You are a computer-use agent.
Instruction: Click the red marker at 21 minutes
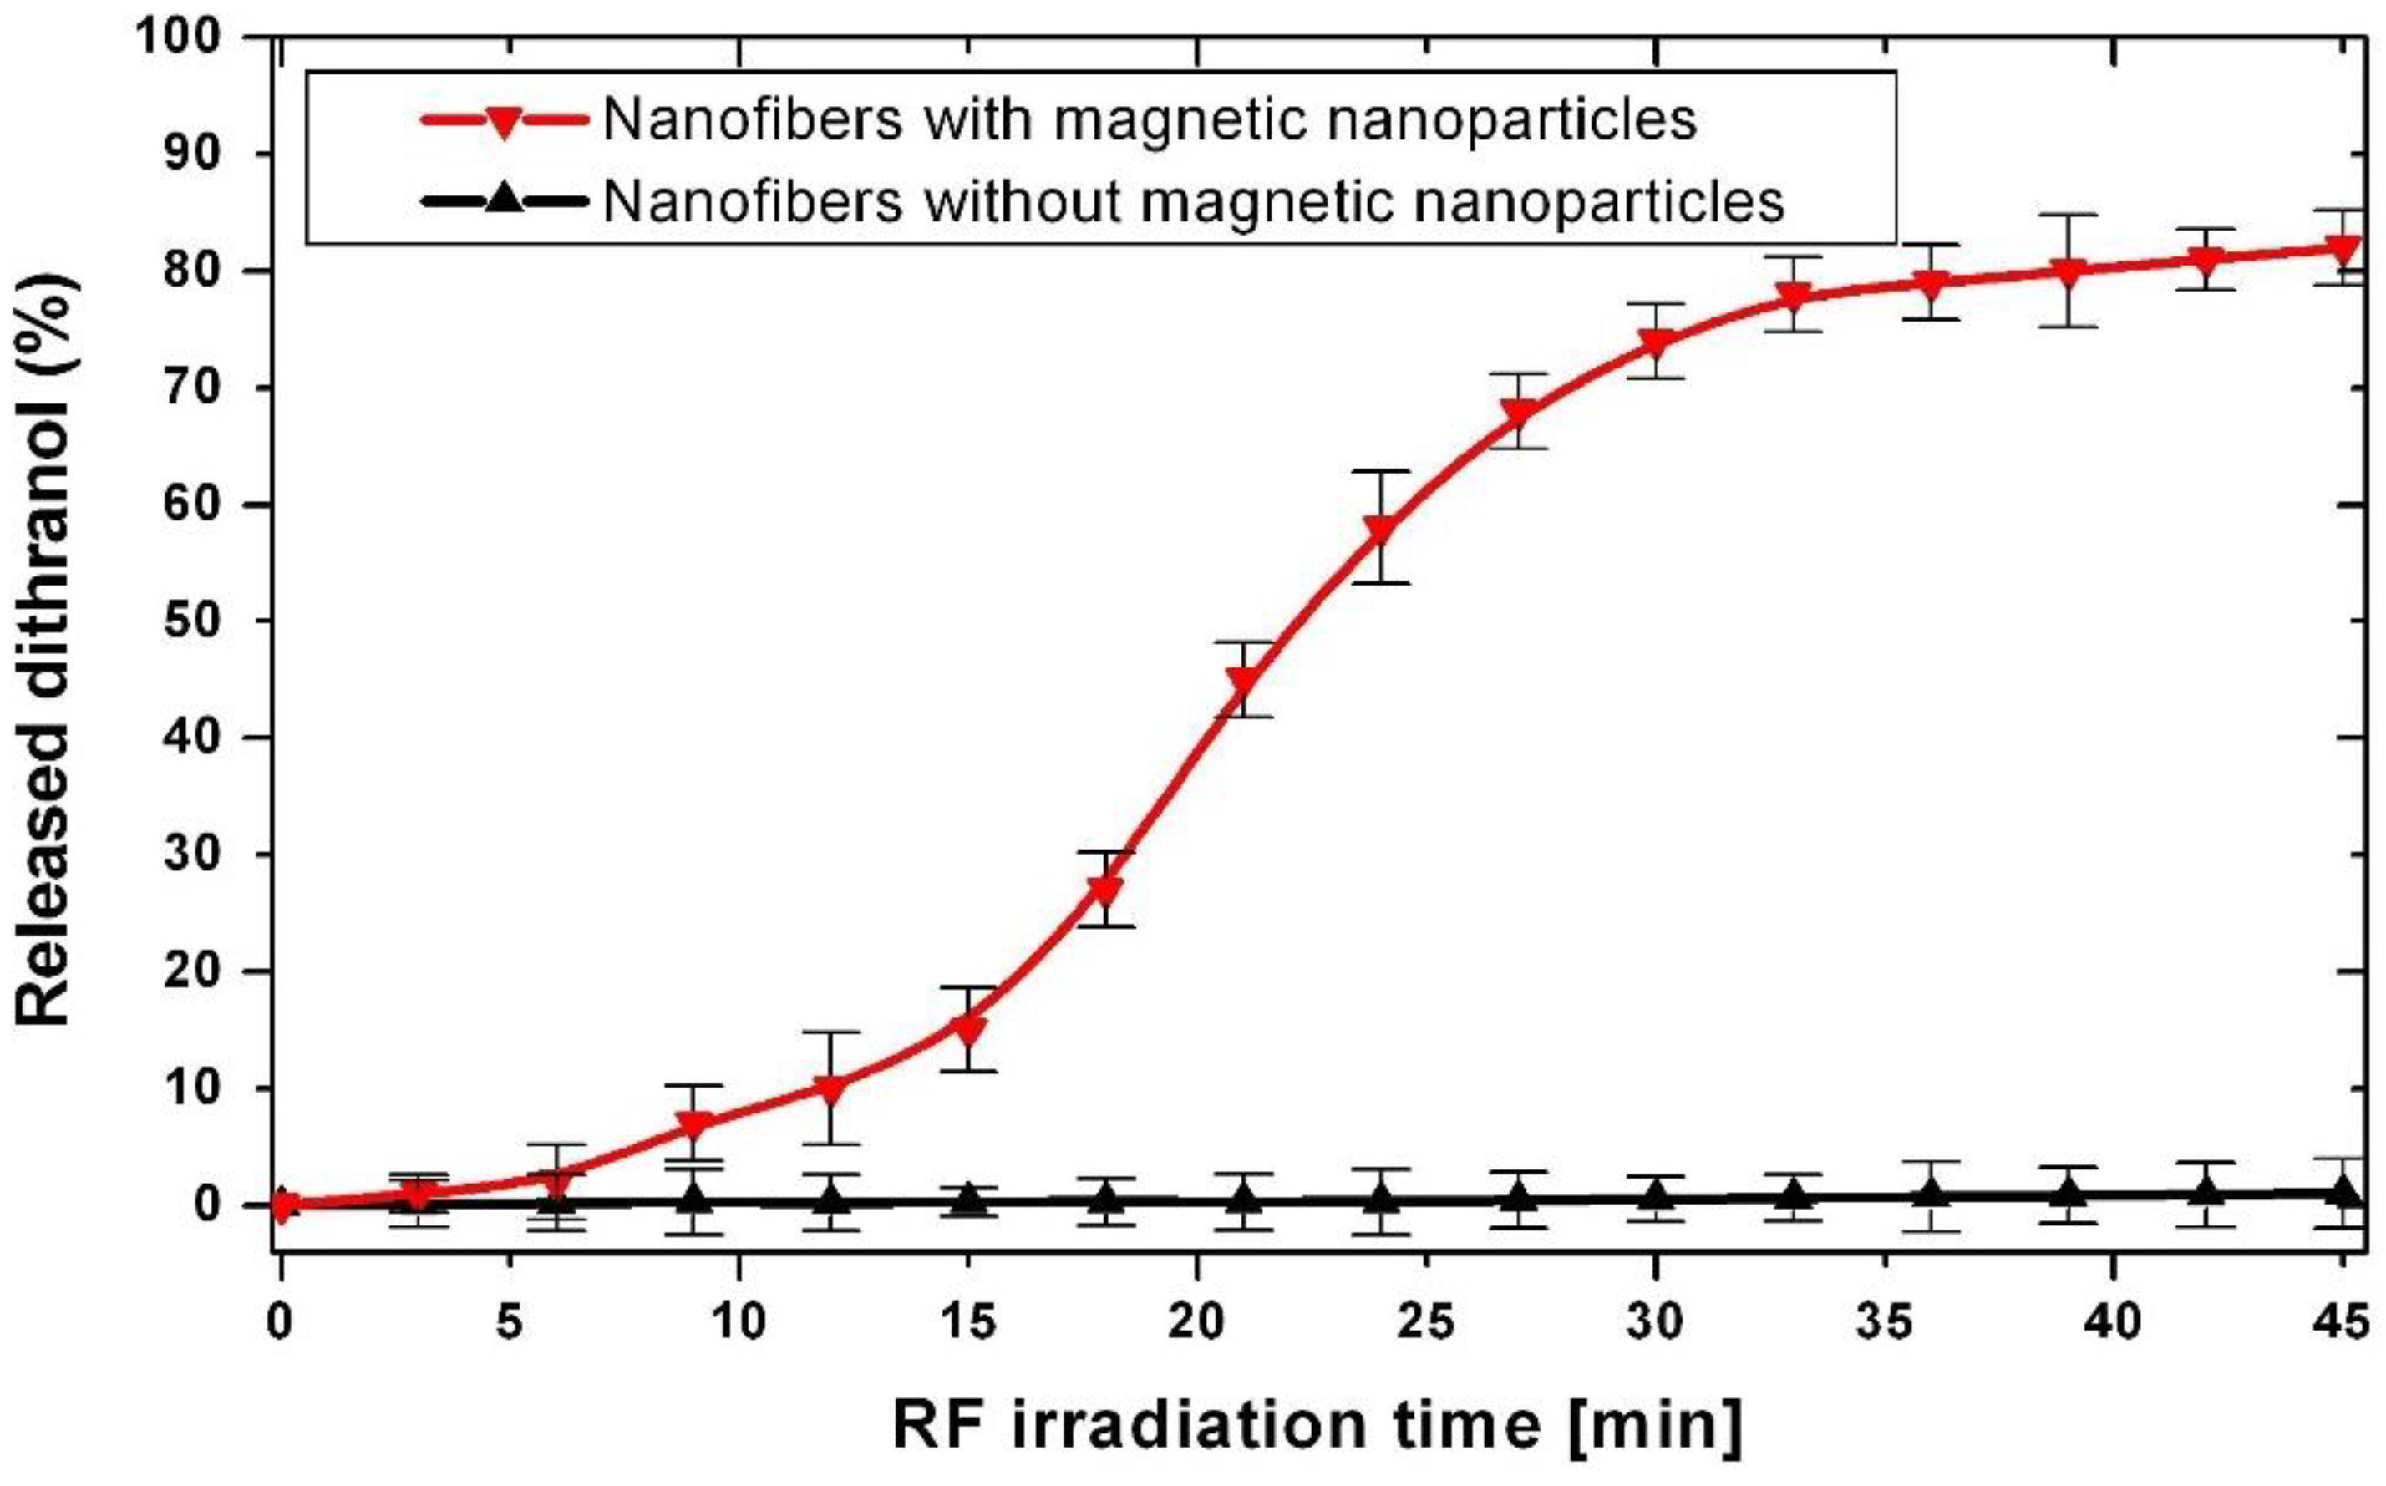[1243, 679]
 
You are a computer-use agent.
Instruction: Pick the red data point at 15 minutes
[969, 1029]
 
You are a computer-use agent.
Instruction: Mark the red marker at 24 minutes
[1381, 529]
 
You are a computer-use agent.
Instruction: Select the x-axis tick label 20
[1197, 1323]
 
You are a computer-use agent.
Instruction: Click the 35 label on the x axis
[1885, 1323]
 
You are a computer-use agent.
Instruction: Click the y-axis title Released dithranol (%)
[43, 649]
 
